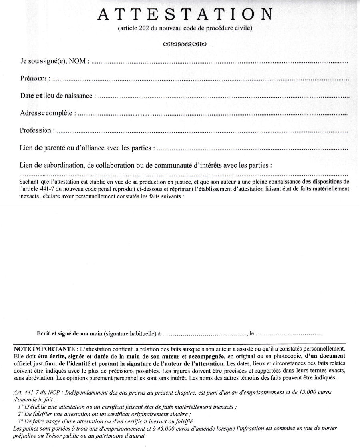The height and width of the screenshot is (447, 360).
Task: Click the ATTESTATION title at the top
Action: coord(185,15)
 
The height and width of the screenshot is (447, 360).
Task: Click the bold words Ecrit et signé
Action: coord(56,333)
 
